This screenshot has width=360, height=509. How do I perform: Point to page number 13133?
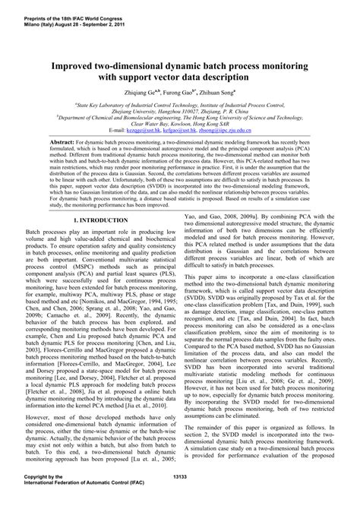click(181, 496)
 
